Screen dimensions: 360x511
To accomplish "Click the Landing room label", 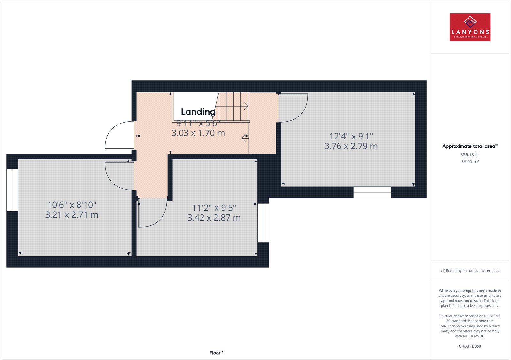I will (198, 112).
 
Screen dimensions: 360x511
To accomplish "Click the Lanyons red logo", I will (470, 27).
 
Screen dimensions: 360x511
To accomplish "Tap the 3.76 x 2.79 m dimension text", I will (351, 146).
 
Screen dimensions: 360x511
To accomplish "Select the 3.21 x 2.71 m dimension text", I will (72, 215).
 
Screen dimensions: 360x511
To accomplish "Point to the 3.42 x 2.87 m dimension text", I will (214, 218).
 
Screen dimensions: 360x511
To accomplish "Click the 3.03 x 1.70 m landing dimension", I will (198, 133).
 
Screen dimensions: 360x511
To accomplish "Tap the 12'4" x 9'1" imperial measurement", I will (351, 136).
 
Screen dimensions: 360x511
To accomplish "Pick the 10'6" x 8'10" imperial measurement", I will (72, 205).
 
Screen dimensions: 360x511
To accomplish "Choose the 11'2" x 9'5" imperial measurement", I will (214, 208).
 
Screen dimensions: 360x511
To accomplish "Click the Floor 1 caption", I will (217, 353).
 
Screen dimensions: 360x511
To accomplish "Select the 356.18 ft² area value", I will (470, 154).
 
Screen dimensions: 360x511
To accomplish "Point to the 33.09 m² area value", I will (470, 162).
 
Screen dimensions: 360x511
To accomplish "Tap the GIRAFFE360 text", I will (470, 346).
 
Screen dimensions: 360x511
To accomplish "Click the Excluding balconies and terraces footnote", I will (470, 271).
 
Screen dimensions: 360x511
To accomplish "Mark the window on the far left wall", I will (12, 190).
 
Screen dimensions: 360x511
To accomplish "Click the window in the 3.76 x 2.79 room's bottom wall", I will (372, 192).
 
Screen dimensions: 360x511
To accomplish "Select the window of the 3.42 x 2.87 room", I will (263, 223).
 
